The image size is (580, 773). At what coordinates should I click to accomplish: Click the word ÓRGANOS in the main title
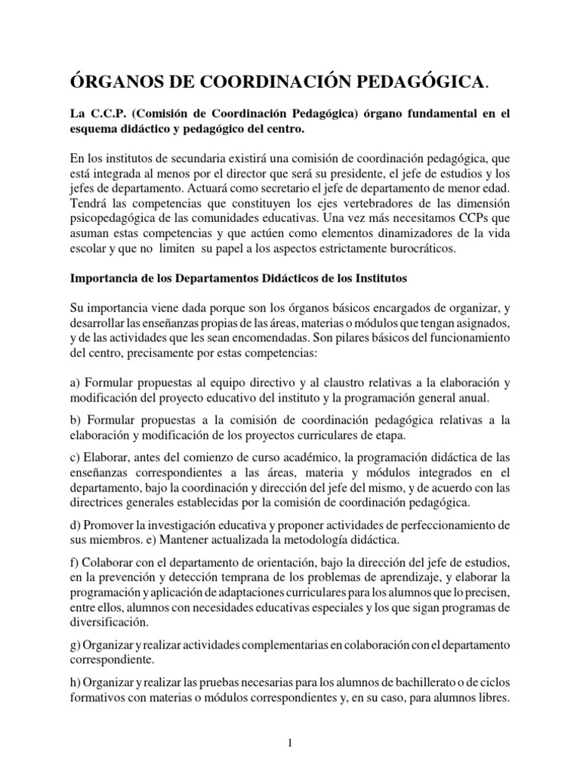(x=116, y=79)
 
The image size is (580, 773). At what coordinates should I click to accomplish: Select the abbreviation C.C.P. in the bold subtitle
(x=109, y=114)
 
